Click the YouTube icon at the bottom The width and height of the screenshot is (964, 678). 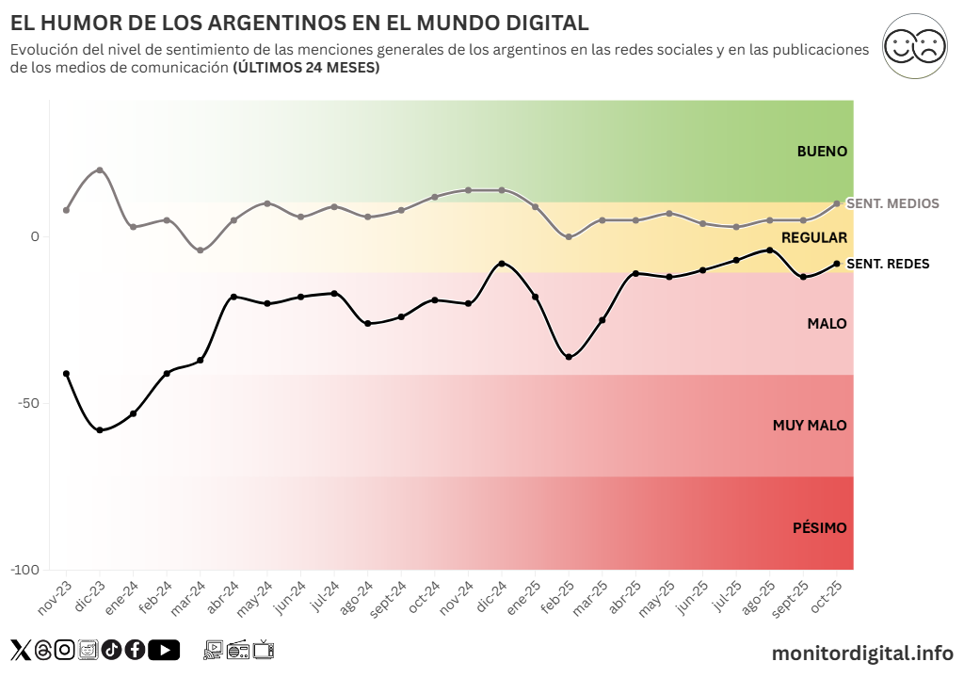(164, 650)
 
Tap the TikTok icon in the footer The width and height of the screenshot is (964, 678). (111, 650)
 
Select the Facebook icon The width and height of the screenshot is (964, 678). (135, 650)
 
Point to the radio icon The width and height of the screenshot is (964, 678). (238, 649)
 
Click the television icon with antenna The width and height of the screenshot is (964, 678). (264, 649)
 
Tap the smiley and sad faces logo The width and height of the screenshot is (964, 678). (914, 45)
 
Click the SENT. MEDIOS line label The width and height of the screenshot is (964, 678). (892, 203)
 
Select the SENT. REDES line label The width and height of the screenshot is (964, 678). (888, 264)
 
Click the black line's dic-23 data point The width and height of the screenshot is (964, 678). (100, 430)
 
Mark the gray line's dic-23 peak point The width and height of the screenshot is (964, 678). (100, 169)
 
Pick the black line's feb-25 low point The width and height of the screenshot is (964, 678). (569, 357)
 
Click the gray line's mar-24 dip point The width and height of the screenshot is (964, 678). (201, 250)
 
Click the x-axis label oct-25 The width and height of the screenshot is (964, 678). (827, 596)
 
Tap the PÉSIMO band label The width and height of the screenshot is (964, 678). (819, 528)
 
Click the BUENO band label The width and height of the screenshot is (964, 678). (822, 151)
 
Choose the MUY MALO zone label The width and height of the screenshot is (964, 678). (810, 426)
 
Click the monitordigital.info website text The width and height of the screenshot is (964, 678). (861, 653)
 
